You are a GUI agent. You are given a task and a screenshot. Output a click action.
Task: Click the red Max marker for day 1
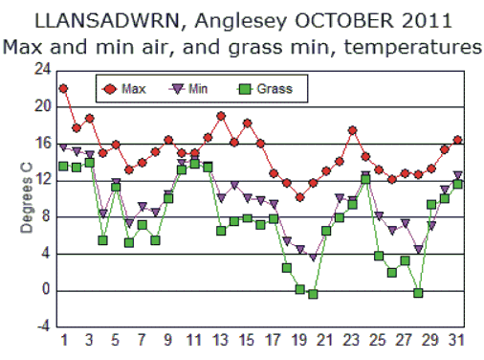(x=63, y=88)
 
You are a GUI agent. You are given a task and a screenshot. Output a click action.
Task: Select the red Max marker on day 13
(x=221, y=117)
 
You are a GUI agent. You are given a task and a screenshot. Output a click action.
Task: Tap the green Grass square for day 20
(x=313, y=294)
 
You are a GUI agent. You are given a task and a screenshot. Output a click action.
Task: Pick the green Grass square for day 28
(x=418, y=293)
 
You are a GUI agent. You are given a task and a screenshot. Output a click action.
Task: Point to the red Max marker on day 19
(x=299, y=197)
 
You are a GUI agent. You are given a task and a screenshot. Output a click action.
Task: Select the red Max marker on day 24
(x=352, y=130)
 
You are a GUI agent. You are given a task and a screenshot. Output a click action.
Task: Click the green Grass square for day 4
(x=102, y=240)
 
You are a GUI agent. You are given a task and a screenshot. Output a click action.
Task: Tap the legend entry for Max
(x=134, y=89)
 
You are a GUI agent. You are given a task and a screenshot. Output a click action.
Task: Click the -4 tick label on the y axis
(x=42, y=327)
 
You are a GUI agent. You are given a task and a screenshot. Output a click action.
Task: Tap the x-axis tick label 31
(x=457, y=341)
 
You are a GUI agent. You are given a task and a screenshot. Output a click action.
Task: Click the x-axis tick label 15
(x=247, y=341)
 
